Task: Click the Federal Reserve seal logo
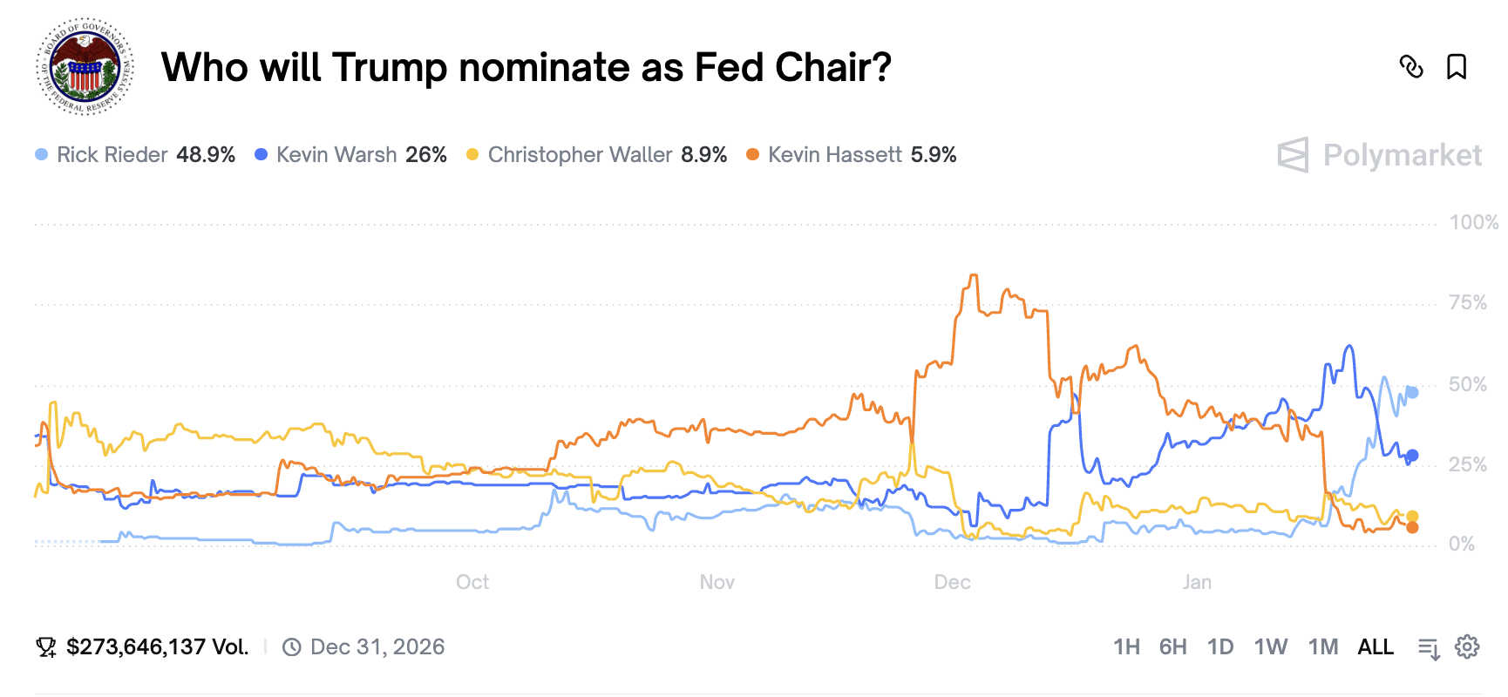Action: tap(85, 67)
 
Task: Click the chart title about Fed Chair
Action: tap(526, 67)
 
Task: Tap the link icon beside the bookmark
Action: tap(1411, 67)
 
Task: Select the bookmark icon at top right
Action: tap(1457, 67)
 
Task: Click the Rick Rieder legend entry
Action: tap(135, 155)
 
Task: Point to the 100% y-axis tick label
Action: tap(1473, 222)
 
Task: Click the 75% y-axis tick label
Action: tap(1468, 302)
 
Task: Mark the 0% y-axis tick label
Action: tap(1462, 545)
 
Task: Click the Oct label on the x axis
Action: tap(472, 582)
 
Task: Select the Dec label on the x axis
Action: tap(952, 582)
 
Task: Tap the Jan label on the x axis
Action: tap(1197, 582)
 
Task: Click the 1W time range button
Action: tap(1270, 647)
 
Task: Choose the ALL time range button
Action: tap(1376, 647)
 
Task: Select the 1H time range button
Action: tap(1126, 647)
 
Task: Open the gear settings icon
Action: tap(1468, 647)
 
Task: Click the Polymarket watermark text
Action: tap(1402, 155)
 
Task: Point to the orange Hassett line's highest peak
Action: tap(973, 276)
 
